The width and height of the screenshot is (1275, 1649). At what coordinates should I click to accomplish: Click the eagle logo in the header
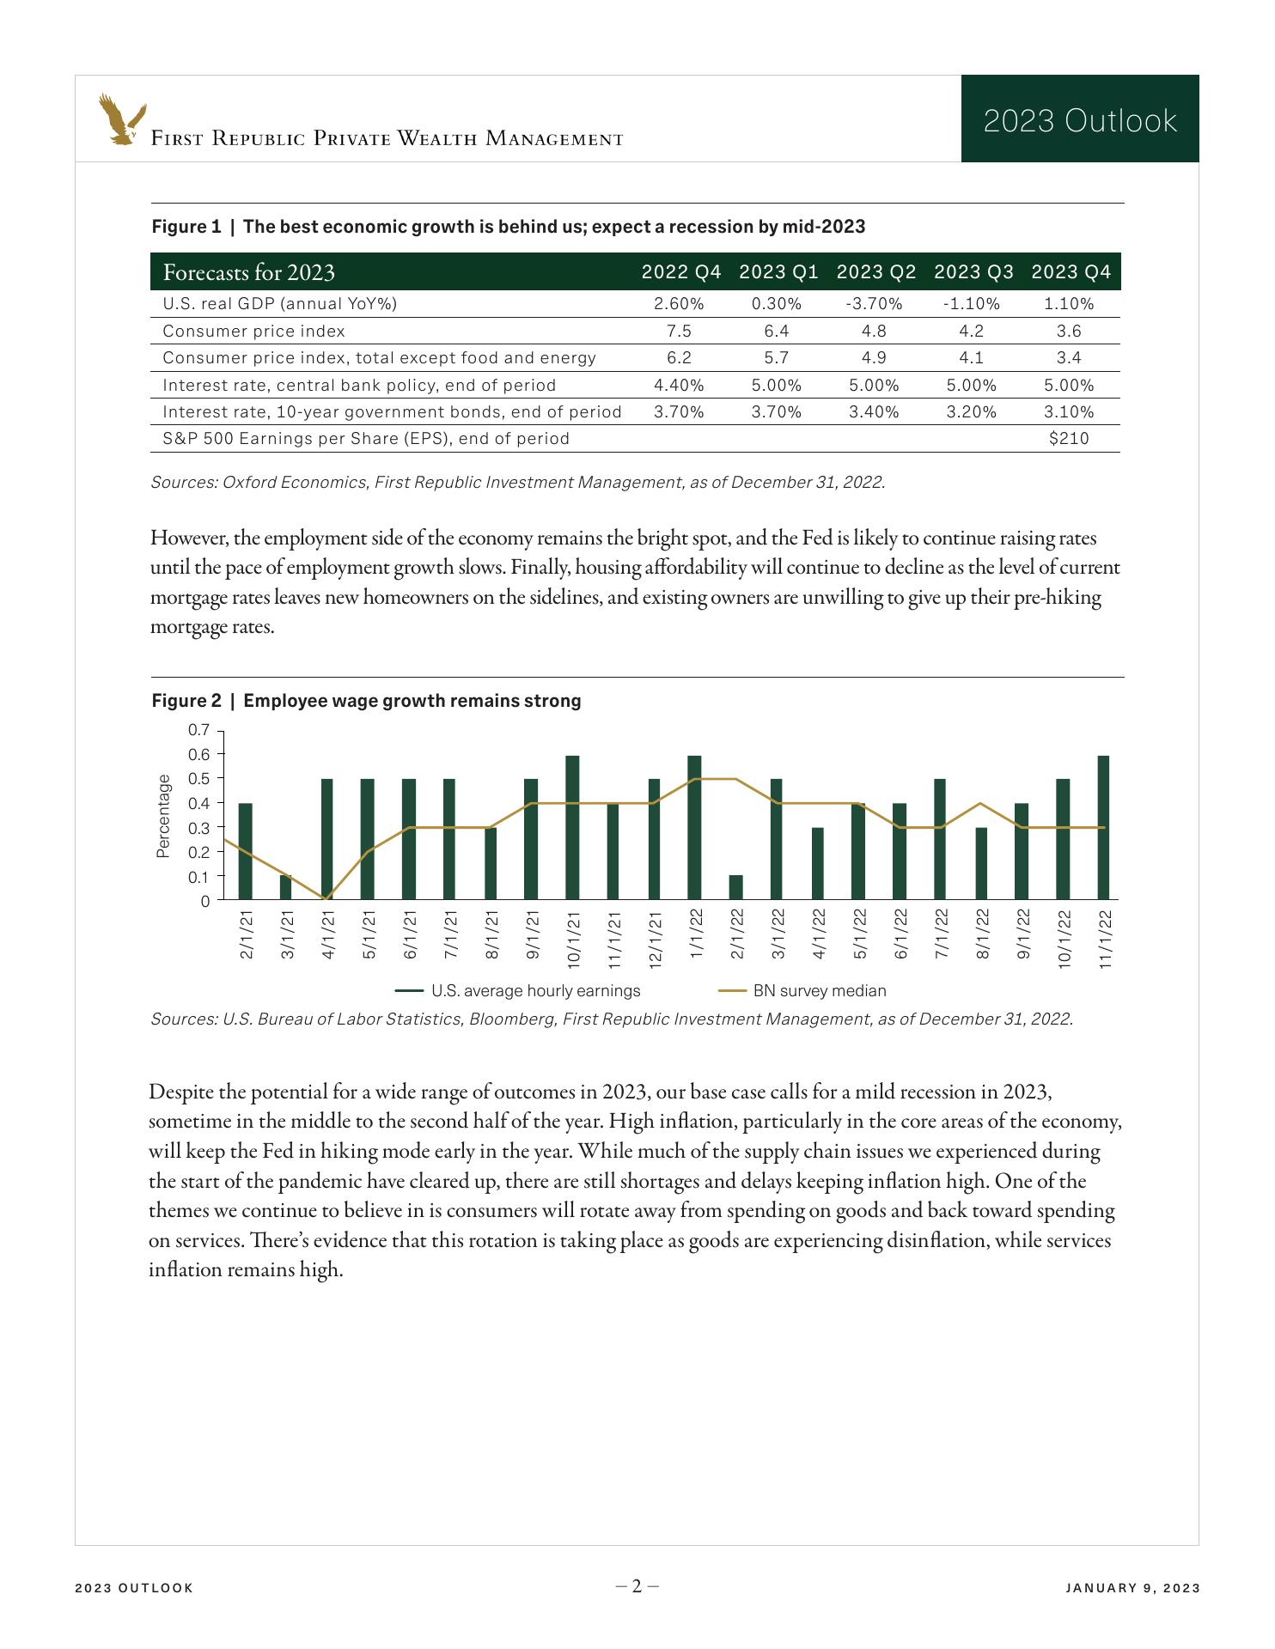pos(121,119)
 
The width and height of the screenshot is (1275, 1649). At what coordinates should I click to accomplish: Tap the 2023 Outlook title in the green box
pos(1079,120)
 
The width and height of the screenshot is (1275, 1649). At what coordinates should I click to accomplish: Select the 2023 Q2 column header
pos(875,272)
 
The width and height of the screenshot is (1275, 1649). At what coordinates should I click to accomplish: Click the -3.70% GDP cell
pos(874,303)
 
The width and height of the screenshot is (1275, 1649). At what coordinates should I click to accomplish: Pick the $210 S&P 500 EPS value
pos(1069,439)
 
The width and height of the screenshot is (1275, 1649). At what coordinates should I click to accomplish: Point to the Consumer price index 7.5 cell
pos(679,331)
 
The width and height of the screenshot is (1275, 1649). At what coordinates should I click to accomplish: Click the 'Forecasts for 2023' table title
pos(248,272)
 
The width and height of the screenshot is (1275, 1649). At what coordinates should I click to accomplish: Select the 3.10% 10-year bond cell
pos(1069,411)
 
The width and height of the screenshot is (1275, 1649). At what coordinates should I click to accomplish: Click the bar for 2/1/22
pos(736,887)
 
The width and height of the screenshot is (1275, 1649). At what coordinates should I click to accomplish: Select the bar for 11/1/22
pos(1103,827)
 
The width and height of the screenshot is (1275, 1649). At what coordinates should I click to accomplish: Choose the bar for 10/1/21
pos(572,827)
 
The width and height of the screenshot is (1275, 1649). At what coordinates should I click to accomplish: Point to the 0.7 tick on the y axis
pos(198,730)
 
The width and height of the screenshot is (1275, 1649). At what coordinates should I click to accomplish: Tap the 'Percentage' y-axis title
pos(163,815)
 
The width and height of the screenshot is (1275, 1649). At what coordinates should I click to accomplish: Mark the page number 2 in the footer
pos(637,1586)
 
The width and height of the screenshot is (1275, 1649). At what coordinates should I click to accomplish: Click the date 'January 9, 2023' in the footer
pos(1132,1588)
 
